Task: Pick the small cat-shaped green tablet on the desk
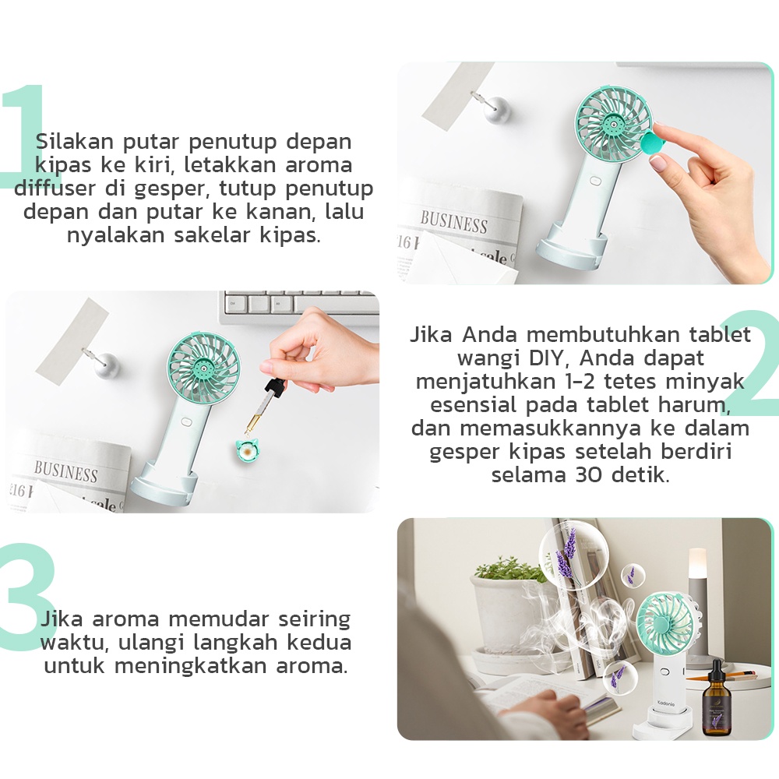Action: click(246, 451)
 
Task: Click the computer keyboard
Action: click(300, 307)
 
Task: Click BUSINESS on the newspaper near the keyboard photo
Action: click(66, 472)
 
